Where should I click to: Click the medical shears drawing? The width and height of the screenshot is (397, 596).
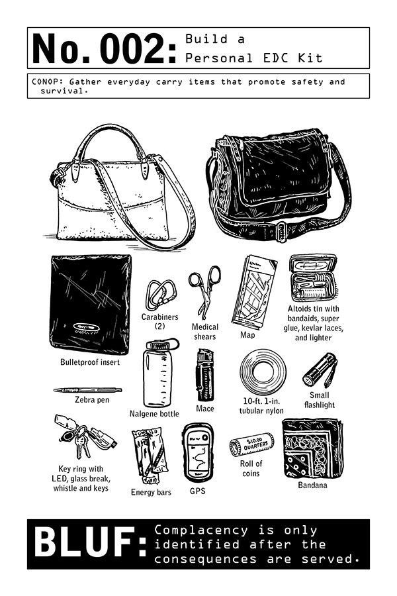tap(204, 291)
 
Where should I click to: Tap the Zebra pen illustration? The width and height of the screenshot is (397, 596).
tap(87, 390)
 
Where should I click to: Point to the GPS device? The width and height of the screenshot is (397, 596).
tap(198, 453)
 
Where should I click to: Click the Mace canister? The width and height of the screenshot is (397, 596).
tap(204, 375)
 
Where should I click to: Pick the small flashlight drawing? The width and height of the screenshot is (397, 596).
tap(320, 370)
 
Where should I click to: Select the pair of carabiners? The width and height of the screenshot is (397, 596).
tap(161, 295)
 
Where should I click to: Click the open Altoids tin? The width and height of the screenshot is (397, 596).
tap(313, 278)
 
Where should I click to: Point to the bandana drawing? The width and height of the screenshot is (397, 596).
tap(312, 449)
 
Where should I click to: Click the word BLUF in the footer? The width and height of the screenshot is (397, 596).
tap(90, 542)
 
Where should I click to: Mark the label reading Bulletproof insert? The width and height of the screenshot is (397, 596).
tap(90, 362)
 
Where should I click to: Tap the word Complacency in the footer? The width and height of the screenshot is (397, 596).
tap(201, 530)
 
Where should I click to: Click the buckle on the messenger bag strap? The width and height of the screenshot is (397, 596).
tap(281, 232)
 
